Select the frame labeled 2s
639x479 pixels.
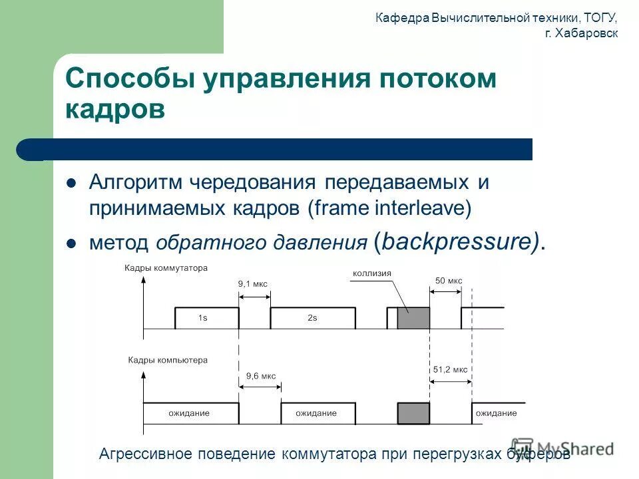[x=312, y=318]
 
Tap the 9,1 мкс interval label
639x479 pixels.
[x=253, y=283]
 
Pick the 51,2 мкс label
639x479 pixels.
[x=449, y=369]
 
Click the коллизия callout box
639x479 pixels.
[x=372, y=273]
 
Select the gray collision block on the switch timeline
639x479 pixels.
[x=413, y=318]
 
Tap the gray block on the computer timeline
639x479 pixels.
[x=413, y=413]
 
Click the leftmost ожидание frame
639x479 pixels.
[x=189, y=413]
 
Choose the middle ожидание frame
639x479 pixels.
[x=317, y=413]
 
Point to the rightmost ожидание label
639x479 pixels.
[x=496, y=413]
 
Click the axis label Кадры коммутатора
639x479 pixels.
[x=166, y=268]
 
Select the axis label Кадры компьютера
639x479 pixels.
[x=167, y=360]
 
